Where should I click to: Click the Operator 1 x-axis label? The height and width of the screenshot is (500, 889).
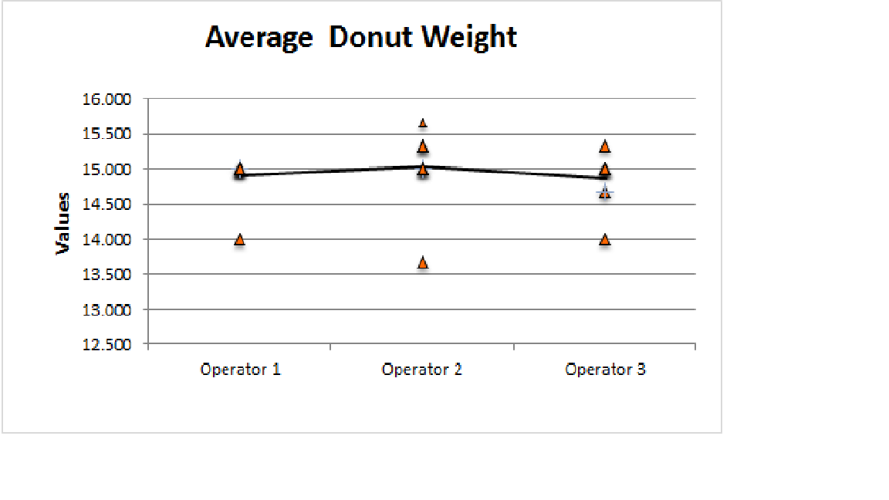[240, 370]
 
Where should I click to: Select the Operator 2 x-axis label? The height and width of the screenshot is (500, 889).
[422, 370]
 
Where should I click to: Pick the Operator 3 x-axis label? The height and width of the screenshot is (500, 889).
[605, 370]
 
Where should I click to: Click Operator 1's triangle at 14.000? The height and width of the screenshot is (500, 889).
[240, 239]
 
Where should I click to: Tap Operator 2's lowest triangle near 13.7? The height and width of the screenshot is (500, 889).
[423, 263]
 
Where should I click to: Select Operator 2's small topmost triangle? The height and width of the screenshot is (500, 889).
[423, 123]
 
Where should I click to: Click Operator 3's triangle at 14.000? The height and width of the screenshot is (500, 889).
[605, 239]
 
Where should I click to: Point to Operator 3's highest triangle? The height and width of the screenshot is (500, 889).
[605, 146]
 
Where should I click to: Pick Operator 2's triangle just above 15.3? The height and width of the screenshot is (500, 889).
[423, 146]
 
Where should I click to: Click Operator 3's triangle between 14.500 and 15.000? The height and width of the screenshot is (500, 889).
[605, 192]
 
